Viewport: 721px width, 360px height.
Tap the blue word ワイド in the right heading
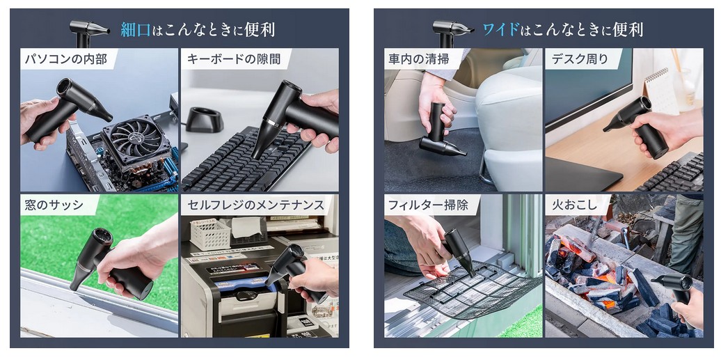tap(501, 30)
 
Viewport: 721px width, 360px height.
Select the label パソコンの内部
tap(65, 59)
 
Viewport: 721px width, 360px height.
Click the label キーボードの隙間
tap(234, 59)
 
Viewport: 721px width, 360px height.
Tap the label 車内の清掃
tap(418, 59)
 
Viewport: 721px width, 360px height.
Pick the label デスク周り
tap(579, 59)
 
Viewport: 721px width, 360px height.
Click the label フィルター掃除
tap(428, 205)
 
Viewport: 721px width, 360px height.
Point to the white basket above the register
tap(210, 235)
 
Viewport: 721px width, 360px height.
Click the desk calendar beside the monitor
tap(660, 91)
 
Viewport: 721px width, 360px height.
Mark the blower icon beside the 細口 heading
tap(89, 33)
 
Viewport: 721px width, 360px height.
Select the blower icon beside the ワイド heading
tap(452, 33)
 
